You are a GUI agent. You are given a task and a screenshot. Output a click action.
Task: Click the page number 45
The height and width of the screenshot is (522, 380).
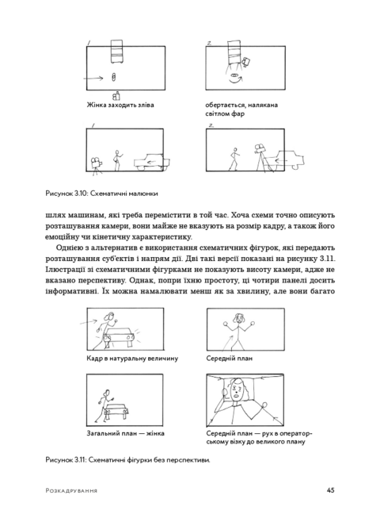click(x=329, y=489)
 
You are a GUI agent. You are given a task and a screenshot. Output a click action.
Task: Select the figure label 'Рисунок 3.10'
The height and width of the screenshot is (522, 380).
click(x=70, y=193)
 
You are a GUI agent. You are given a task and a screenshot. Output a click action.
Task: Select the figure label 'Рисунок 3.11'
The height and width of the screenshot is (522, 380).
click(x=70, y=460)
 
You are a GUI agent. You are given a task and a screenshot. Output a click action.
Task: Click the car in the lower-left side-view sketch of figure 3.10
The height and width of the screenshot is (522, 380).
click(x=156, y=162)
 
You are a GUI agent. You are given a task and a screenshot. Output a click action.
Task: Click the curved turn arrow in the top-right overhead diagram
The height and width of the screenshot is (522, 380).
click(x=237, y=79)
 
